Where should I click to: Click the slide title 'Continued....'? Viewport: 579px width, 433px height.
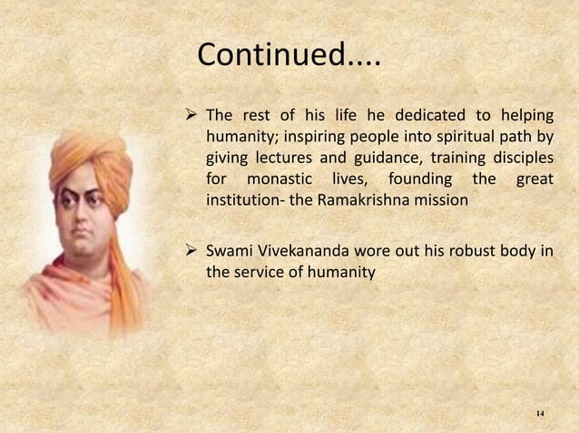coord(289,57)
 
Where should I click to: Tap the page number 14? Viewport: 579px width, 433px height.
coord(540,414)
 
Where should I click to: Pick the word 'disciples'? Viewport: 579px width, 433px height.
coord(521,159)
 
